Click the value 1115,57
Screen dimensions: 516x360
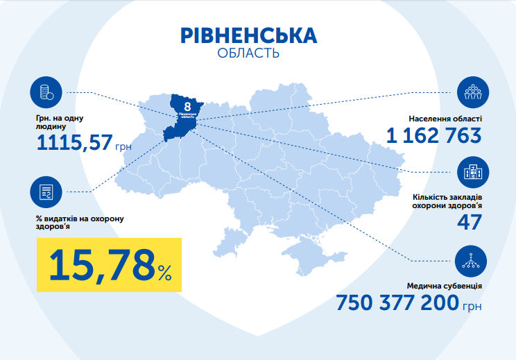pyautogui.click(x=76, y=143)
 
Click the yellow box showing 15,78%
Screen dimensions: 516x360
pyautogui.click(x=108, y=264)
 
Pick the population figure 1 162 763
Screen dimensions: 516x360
pyautogui.click(x=434, y=136)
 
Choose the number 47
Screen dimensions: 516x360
pyautogui.click(x=469, y=221)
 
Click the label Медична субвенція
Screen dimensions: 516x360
pyautogui.click(x=445, y=286)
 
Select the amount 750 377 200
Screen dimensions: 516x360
pyautogui.click(x=397, y=304)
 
